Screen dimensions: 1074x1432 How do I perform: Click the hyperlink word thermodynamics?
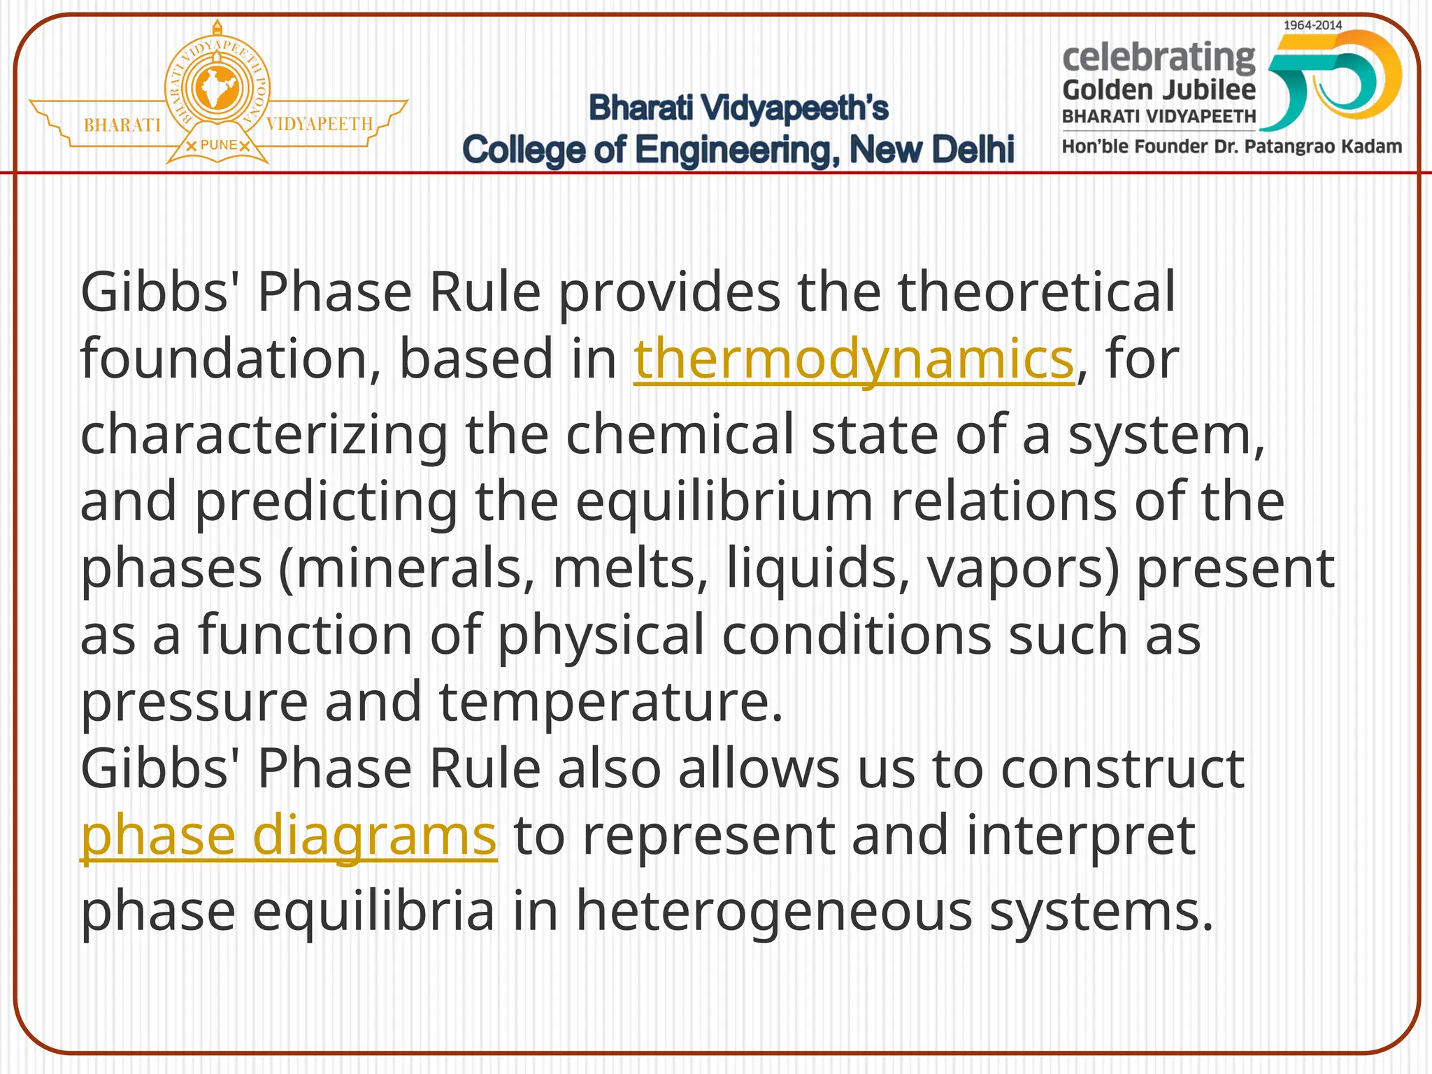pyautogui.click(x=853, y=359)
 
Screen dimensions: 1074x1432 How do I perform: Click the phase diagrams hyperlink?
pyautogui.click(x=289, y=836)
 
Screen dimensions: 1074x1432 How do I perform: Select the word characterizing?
pyautogui.click(x=264, y=435)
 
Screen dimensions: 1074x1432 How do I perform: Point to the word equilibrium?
pyautogui.click(x=724, y=502)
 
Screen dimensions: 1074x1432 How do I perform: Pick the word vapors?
pyautogui.click(x=1023, y=568)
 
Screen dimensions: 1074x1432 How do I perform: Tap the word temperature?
pyautogui.click(x=610, y=702)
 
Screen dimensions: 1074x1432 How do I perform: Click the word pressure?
pyautogui.click(x=194, y=702)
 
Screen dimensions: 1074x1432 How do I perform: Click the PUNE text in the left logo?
pyautogui.click(x=218, y=145)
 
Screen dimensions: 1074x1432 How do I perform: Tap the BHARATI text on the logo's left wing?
pyautogui.click(x=122, y=125)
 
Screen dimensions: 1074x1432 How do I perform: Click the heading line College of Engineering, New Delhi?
pyautogui.click(x=738, y=150)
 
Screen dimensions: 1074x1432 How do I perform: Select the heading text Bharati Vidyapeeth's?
pyautogui.click(x=738, y=108)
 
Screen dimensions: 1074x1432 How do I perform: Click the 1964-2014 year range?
pyautogui.click(x=1312, y=25)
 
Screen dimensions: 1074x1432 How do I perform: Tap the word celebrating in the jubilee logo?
pyautogui.click(x=1159, y=57)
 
